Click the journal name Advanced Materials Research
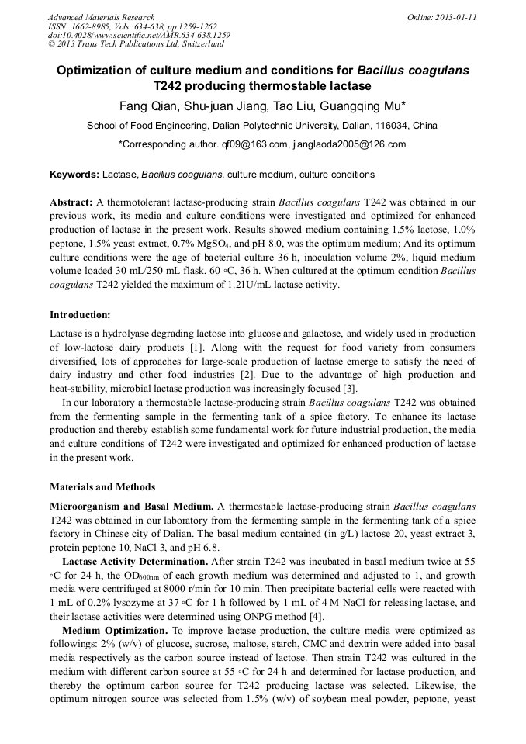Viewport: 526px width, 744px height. tap(101, 17)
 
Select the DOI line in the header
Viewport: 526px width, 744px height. tap(139, 35)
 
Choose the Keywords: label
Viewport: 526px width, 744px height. tap(74, 175)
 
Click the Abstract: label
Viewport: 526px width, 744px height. tap(71, 202)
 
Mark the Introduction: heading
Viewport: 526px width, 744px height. tap(80, 314)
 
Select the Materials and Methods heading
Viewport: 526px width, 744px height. tap(102, 487)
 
